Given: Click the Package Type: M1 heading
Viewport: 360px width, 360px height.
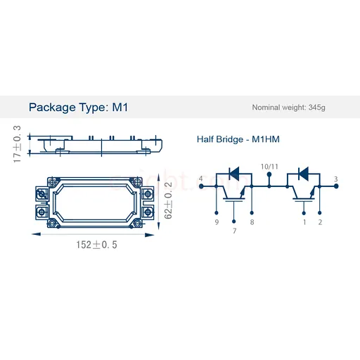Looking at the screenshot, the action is click(78, 108).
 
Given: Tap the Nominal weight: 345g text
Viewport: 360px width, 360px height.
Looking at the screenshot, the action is click(288, 108).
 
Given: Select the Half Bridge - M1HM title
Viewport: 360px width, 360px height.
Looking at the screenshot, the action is click(238, 139).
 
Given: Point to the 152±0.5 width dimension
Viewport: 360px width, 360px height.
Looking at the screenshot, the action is click(96, 245).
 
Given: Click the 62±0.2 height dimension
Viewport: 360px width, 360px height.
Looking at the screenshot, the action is click(168, 200).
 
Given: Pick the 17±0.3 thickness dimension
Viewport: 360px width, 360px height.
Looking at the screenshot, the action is click(17, 144).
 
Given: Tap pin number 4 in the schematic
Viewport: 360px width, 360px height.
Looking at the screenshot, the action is click(200, 179).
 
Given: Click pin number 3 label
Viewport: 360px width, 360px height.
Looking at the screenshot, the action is click(336, 179).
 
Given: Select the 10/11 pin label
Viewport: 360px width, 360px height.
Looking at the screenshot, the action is click(269, 167).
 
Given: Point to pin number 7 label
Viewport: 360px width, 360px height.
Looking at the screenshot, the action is click(235, 231).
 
